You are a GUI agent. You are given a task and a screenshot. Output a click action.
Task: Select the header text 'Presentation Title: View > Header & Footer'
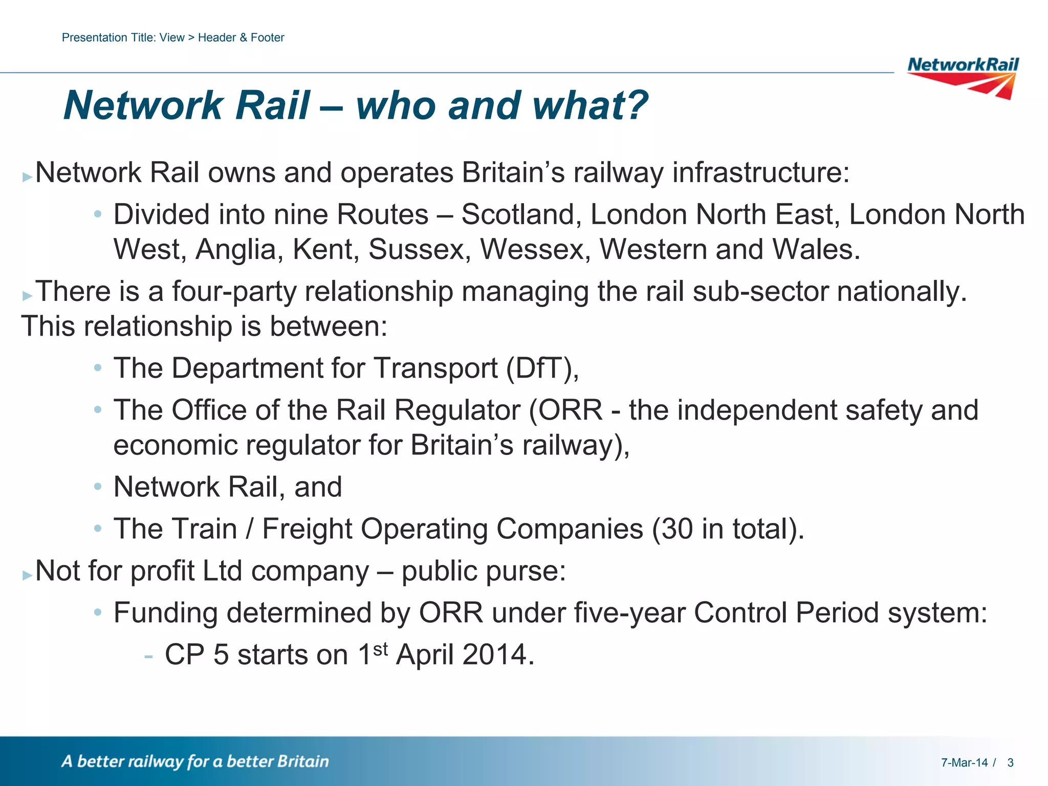click(x=172, y=37)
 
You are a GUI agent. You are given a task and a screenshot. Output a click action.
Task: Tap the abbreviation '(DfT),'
click(x=542, y=368)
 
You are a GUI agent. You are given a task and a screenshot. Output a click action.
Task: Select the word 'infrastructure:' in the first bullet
click(x=760, y=172)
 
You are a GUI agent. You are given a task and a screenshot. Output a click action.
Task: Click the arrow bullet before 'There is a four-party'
click(x=27, y=295)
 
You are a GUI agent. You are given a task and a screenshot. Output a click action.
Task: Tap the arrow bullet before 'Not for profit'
click(x=27, y=575)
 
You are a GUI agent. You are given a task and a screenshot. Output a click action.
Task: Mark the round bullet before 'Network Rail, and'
click(x=98, y=487)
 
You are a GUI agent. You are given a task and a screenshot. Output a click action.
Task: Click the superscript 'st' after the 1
click(x=380, y=649)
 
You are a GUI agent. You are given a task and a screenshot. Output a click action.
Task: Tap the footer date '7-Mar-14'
click(x=964, y=763)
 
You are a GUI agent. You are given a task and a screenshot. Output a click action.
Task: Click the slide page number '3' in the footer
click(x=1010, y=763)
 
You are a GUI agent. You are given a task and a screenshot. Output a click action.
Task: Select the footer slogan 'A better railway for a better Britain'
click(x=195, y=761)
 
